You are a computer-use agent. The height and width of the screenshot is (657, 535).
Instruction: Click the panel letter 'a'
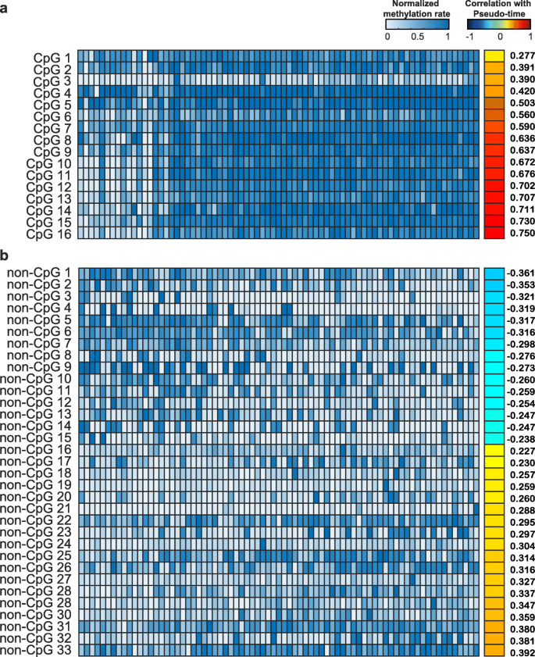[x=5, y=9]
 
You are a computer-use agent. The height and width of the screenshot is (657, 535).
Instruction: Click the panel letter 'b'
[x=5, y=255]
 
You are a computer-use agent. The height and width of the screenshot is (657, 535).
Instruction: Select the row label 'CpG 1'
[x=53, y=57]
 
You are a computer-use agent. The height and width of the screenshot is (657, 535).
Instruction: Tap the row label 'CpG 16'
[x=50, y=234]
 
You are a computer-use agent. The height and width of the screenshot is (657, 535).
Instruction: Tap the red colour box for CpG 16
[x=494, y=234]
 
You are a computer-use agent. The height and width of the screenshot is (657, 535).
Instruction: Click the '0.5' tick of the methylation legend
[x=418, y=37]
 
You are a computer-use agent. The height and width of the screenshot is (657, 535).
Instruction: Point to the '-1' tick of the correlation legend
[x=469, y=37]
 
